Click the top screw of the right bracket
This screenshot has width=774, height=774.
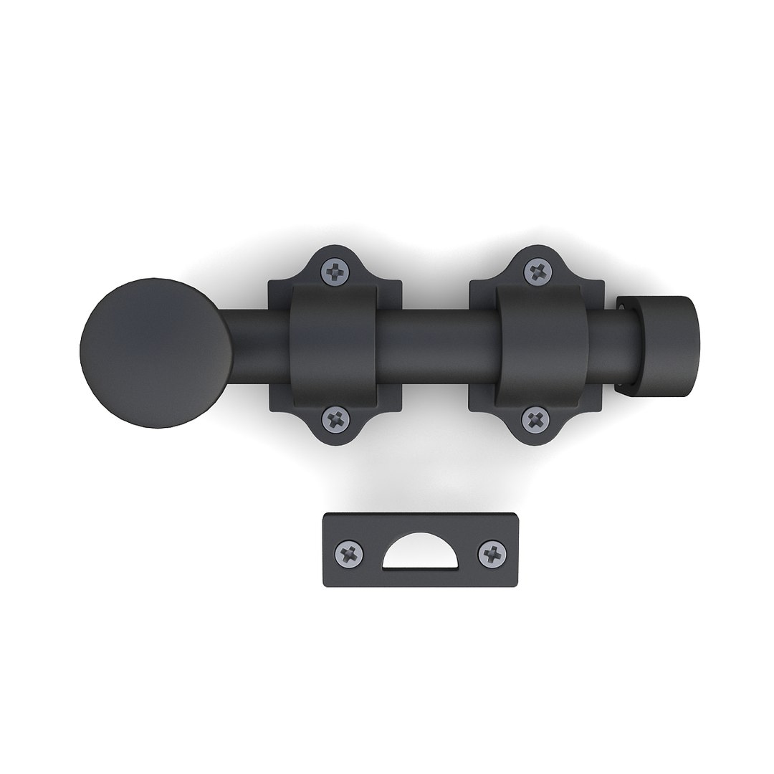tap(537, 271)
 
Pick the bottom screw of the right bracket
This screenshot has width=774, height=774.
tap(535, 419)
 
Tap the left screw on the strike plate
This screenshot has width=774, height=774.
tap(349, 553)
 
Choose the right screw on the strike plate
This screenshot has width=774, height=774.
tap(492, 553)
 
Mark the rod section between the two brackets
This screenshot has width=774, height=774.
tap(436, 347)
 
